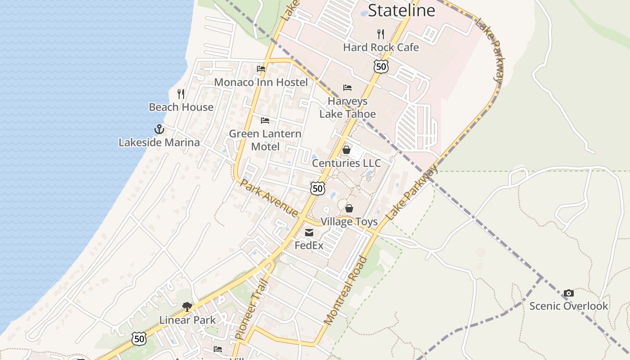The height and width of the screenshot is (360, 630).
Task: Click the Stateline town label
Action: pyautogui.click(x=401, y=10)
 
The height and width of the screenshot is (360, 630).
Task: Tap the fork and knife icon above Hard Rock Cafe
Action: pyautogui.click(x=381, y=34)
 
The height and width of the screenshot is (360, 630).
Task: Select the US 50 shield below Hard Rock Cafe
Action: pyautogui.click(x=381, y=67)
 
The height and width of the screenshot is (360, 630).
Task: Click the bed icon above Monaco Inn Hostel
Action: pyautogui.click(x=261, y=69)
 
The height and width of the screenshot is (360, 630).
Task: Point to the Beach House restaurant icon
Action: pyautogui.click(x=181, y=94)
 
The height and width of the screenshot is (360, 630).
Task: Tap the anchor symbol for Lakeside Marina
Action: pyautogui.click(x=159, y=129)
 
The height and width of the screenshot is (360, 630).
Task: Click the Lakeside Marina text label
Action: pyautogui.click(x=159, y=143)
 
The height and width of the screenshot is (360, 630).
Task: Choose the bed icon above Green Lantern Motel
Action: pyautogui.click(x=265, y=120)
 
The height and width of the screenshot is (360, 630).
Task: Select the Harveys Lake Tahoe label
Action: pyautogui.click(x=347, y=108)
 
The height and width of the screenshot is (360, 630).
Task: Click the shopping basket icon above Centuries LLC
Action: pyautogui.click(x=346, y=150)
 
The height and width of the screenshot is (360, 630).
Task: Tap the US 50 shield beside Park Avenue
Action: pyautogui.click(x=318, y=188)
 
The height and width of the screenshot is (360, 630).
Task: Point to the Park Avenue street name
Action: pyautogui.click(x=269, y=198)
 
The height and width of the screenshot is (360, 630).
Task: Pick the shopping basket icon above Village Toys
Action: pyautogui.click(x=349, y=208)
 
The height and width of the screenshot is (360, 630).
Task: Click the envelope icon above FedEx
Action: pyautogui.click(x=309, y=233)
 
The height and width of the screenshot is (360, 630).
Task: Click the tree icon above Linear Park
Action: pyautogui.click(x=187, y=307)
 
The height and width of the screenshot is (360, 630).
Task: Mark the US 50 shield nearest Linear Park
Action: pyautogui.click(x=139, y=339)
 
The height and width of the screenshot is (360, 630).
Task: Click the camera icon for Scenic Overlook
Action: pyautogui.click(x=569, y=293)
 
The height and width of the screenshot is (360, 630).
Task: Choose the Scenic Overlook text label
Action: pyautogui.click(x=568, y=306)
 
